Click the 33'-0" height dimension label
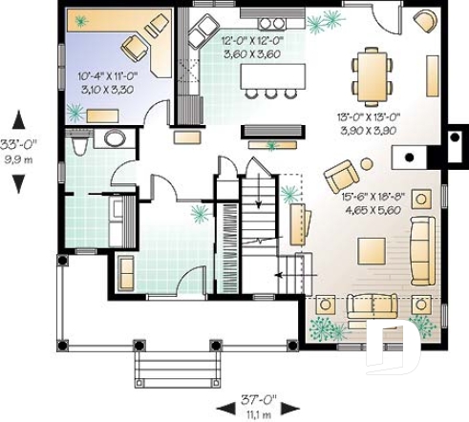click(x=16, y=144)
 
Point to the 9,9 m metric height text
click(x=16, y=158)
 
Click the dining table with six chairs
click(x=372, y=74)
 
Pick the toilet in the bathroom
click(x=80, y=145)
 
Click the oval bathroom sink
click(x=114, y=138)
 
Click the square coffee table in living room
click(x=373, y=251)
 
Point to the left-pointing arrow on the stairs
click(x=282, y=277)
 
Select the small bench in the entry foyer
click(x=126, y=272)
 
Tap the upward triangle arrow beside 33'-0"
click(x=16, y=120)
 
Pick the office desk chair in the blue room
click(x=132, y=46)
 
